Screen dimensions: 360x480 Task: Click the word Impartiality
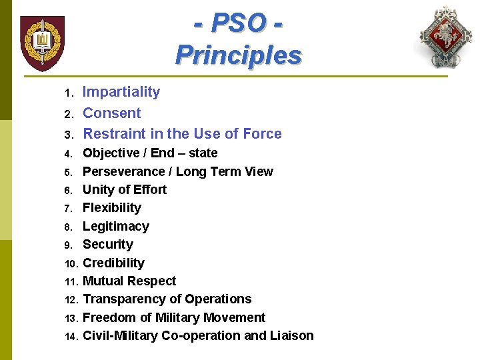[x=121, y=92]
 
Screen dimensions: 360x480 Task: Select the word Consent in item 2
[x=111, y=113]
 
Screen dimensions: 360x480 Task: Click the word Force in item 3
[x=262, y=134]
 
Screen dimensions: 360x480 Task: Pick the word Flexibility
[x=111, y=208]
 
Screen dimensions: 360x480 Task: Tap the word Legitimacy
[x=115, y=227]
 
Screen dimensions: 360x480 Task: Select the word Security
[x=107, y=245]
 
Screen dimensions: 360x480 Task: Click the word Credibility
[x=113, y=263]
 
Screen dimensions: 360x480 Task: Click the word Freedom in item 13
[x=109, y=317]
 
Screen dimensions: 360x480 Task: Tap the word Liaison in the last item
[x=291, y=335]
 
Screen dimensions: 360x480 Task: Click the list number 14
[x=71, y=337]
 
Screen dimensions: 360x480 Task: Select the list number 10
[x=71, y=264]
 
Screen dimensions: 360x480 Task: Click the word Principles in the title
[x=238, y=55]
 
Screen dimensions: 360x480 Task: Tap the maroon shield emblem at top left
[x=42, y=43]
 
